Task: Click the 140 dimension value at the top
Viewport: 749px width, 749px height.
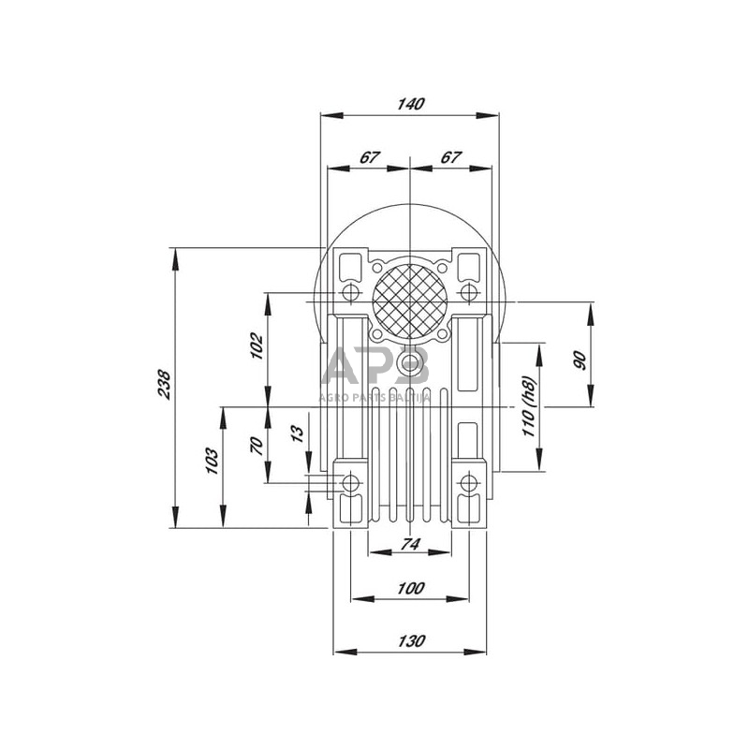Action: point(410,104)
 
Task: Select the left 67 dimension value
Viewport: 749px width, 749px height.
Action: point(369,157)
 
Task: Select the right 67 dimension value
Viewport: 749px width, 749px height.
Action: point(450,157)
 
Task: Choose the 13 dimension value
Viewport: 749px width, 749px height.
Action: point(298,433)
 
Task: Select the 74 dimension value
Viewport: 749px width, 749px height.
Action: point(410,543)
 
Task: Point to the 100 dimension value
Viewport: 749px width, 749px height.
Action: point(410,588)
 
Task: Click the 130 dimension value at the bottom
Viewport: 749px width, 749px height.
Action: point(410,641)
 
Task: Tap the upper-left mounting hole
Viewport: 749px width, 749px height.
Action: point(350,295)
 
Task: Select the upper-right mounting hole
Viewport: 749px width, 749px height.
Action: point(469,295)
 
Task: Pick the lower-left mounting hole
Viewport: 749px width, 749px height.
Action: point(350,483)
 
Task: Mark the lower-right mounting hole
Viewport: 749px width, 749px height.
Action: point(469,483)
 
